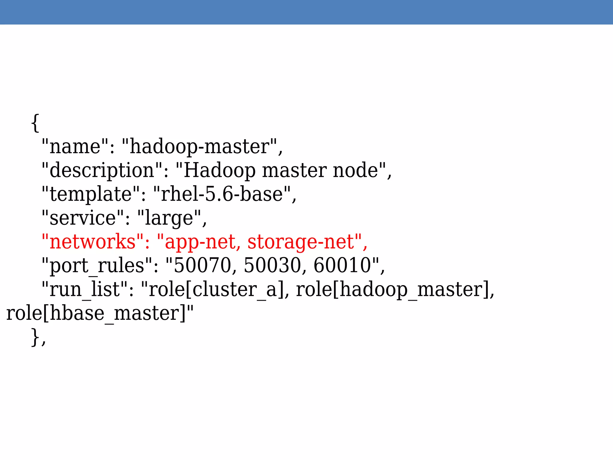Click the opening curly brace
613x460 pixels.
point(35,123)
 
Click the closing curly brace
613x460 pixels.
point(35,337)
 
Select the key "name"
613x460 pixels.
point(75,146)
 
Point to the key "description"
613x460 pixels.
point(102,170)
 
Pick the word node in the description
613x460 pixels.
point(356,170)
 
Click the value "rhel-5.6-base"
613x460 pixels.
point(222,194)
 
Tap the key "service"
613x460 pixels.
point(83,218)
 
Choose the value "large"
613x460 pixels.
point(169,218)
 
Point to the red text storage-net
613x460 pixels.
point(301,242)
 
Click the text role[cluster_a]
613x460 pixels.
point(217,290)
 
